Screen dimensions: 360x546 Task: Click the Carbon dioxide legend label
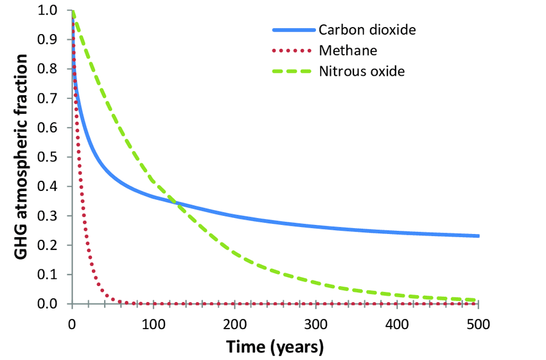tap(366, 30)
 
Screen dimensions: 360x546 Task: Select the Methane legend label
tap(348, 50)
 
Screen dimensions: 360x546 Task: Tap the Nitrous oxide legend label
tap(362, 71)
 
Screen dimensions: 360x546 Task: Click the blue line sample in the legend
tap(293, 30)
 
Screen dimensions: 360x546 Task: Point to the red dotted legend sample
tap(293, 50)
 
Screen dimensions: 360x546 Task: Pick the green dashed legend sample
tap(293, 71)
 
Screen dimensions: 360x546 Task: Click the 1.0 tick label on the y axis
tap(49, 11)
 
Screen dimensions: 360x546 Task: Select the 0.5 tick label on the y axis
tap(49, 157)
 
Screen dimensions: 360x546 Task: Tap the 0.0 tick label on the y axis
tap(49, 304)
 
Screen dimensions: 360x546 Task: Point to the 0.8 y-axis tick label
tap(49, 69)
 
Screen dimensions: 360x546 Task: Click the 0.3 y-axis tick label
tap(49, 216)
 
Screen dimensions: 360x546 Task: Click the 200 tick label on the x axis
tap(234, 322)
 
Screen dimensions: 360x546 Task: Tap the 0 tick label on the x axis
tap(72, 322)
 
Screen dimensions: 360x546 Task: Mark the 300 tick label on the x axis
tap(316, 322)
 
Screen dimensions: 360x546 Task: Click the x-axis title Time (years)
tap(275, 346)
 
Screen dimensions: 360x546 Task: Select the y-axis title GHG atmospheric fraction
tap(21, 157)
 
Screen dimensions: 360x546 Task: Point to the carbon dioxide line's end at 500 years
tap(478, 236)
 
